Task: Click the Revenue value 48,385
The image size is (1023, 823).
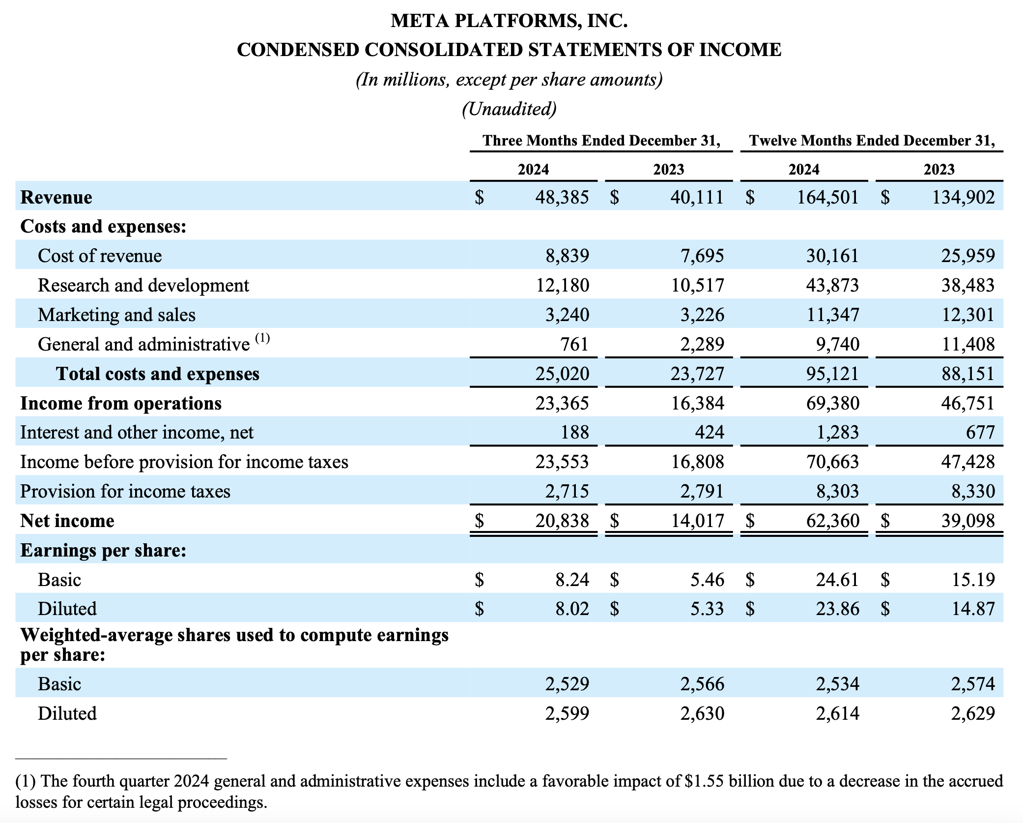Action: tap(562, 198)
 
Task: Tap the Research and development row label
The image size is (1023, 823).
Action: tap(143, 286)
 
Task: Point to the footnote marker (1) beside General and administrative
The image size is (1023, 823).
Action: tap(262, 338)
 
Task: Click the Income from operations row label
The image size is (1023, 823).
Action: tap(121, 404)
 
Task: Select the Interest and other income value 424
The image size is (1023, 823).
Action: tap(710, 433)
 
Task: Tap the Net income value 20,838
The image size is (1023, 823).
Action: tap(562, 521)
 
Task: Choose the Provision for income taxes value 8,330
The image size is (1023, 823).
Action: tap(973, 492)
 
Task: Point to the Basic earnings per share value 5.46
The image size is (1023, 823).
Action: tap(707, 580)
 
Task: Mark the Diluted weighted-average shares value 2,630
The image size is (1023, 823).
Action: tap(702, 714)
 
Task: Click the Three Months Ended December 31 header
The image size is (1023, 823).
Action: tap(601, 141)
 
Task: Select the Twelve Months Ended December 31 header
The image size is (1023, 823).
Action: tap(872, 141)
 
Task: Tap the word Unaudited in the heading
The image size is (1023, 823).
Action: tap(509, 109)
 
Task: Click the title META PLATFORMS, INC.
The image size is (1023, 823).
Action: tap(509, 21)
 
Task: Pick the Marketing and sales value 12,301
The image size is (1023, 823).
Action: tap(967, 315)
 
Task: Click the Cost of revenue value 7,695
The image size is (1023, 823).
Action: tap(702, 256)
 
